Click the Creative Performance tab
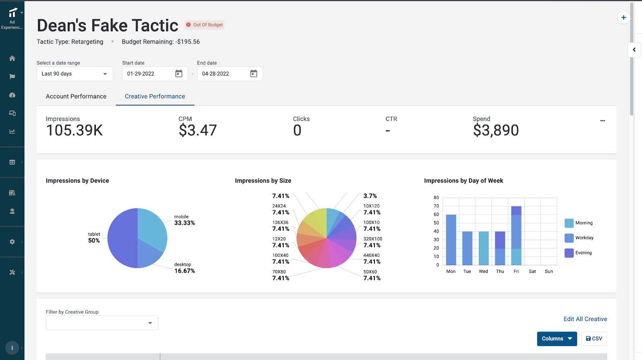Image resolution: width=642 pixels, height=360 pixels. click(x=155, y=96)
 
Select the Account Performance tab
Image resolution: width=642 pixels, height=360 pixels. click(x=76, y=96)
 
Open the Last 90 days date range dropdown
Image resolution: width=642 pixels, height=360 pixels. click(x=75, y=74)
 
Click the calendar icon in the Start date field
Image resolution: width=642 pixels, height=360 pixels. click(x=179, y=73)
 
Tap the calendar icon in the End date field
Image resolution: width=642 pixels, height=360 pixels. click(x=254, y=73)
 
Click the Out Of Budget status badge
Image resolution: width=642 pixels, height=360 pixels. click(x=205, y=25)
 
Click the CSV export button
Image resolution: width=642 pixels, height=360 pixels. click(x=594, y=339)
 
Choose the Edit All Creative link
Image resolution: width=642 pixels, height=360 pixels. click(x=585, y=319)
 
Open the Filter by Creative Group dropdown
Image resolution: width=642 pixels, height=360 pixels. click(x=102, y=323)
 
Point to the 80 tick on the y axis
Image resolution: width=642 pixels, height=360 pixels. click(x=436, y=197)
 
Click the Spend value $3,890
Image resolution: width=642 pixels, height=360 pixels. click(x=496, y=130)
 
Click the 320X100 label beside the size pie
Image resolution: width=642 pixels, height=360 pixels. click(x=373, y=239)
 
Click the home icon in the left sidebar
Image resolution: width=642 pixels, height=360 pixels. click(x=12, y=58)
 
